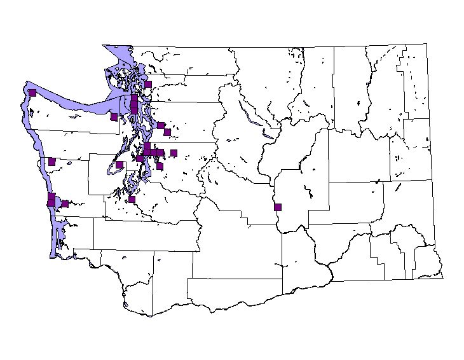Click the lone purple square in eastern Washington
point(278,206)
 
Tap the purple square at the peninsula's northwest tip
point(32,92)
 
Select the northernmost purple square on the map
point(148,84)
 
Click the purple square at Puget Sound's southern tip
point(132,199)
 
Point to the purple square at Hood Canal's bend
point(119,165)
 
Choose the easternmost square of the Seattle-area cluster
point(174,153)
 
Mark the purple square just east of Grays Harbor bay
point(65,204)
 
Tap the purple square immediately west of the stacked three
point(114,116)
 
